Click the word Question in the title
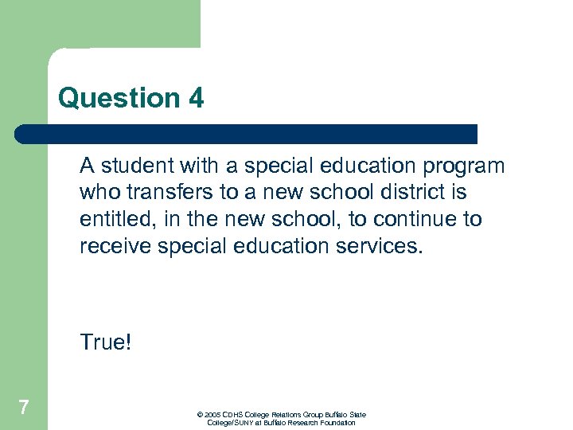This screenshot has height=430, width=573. click(x=119, y=99)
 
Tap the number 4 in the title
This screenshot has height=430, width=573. click(x=196, y=99)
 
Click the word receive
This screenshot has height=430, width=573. click(x=115, y=247)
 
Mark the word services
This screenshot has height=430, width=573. click(x=388, y=247)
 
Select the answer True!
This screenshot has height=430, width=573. click(x=104, y=342)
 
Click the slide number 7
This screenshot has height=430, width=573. click(x=24, y=408)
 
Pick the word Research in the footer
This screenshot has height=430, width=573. click(x=302, y=423)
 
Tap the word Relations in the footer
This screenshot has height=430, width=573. click(x=291, y=415)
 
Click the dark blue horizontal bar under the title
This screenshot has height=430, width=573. click(x=247, y=134)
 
